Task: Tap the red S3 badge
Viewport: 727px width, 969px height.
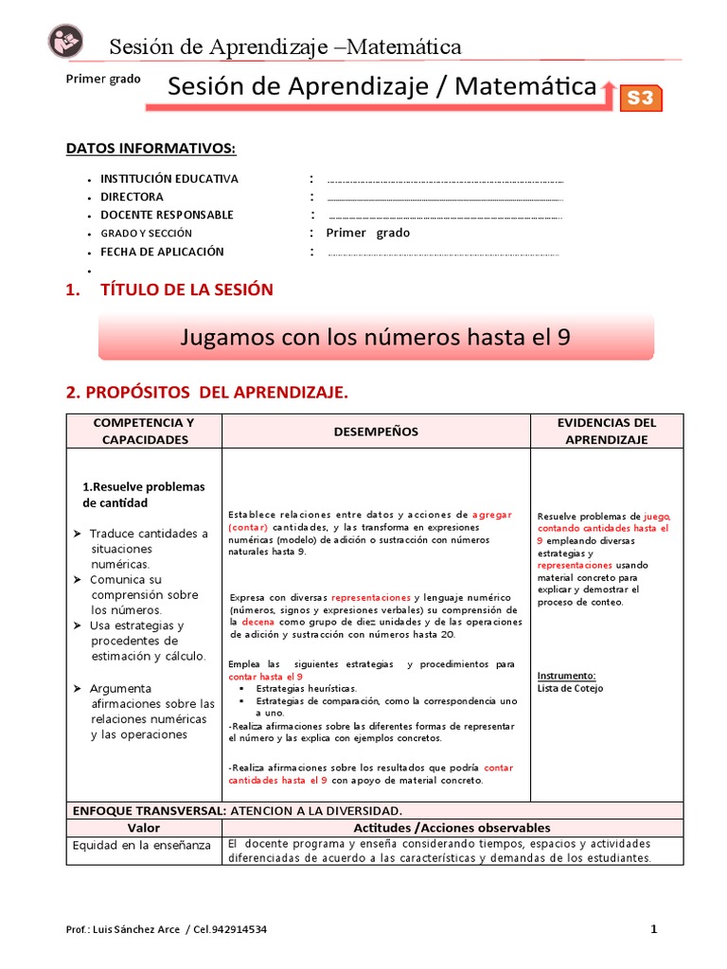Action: click(641, 97)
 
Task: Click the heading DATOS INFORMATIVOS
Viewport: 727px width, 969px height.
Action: click(151, 149)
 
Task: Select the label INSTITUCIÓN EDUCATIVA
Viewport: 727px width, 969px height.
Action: click(169, 179)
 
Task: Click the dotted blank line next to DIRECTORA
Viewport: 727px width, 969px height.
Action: click(445, 198)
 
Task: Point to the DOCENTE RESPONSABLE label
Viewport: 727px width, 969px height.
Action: click(167, 215)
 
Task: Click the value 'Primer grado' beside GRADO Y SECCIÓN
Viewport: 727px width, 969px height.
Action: click(368, 233)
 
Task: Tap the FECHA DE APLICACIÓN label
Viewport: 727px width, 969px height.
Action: click(162, 252)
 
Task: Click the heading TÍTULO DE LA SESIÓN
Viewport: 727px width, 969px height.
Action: click(186, 290)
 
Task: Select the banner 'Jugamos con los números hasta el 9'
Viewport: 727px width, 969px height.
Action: click(376, 337)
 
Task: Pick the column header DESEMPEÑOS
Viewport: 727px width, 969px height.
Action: click(376, 432)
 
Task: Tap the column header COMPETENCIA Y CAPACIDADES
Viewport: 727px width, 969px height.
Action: click(143, 432)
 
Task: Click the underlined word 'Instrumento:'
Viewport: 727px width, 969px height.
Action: click(566, 676)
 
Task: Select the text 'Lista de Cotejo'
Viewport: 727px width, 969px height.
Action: click(570, 689)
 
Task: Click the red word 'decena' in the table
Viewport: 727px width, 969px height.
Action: click(257, 623)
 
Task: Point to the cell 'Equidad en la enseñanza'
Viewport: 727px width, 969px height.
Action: click(142, 845)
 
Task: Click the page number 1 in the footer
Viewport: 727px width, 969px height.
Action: click(653, 929)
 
